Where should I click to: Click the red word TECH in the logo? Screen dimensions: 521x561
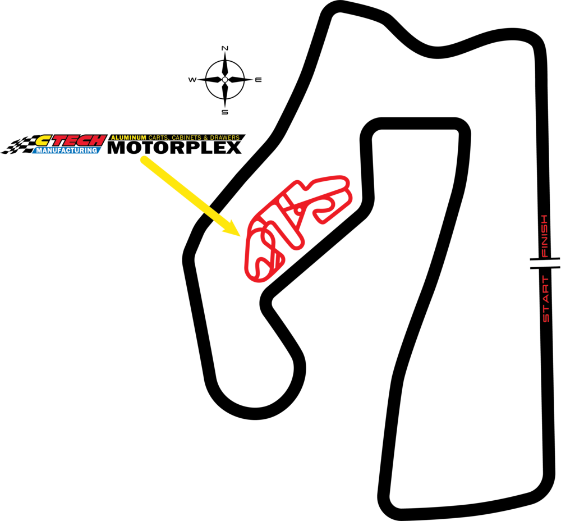coord(80,140)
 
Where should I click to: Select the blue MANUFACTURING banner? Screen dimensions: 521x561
coord(67,150)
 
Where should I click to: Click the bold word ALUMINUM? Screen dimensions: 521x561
coord(128,138)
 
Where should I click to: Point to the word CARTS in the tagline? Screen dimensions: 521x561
coord(158,138)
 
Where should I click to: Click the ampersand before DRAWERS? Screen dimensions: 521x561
coord(206,138)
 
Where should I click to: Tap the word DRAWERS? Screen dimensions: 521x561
coord(224,138)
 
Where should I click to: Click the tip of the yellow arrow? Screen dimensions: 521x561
coord(241,236)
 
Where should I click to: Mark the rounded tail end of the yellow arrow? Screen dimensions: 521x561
coord(144,160)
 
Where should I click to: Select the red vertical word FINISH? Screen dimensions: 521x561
coord(544,235)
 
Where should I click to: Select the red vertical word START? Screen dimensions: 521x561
coord(545,299)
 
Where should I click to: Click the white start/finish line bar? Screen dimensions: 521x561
coord(544,263)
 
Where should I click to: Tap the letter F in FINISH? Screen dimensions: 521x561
coord(544,253)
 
